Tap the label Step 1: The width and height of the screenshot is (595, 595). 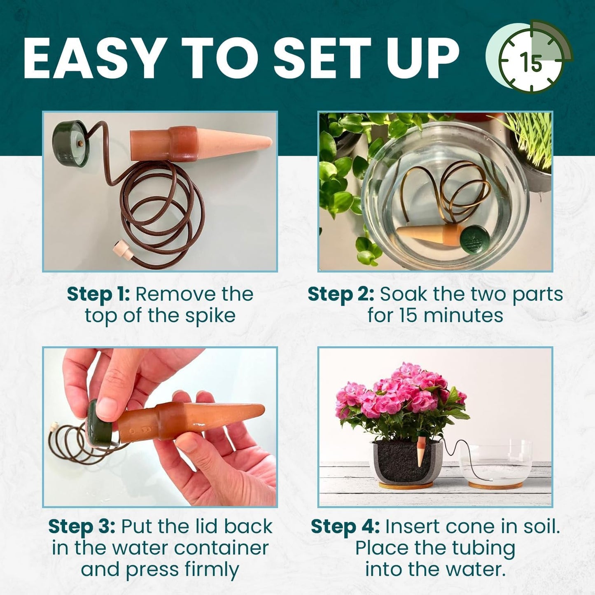(x=98, y=294)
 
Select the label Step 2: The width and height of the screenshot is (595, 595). (x=341, y=294)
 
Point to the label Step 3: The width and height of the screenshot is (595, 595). (x=82, y=527)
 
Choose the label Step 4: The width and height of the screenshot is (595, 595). (x=345, y=527)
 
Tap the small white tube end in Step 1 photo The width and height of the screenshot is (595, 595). (x=121, y=250)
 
